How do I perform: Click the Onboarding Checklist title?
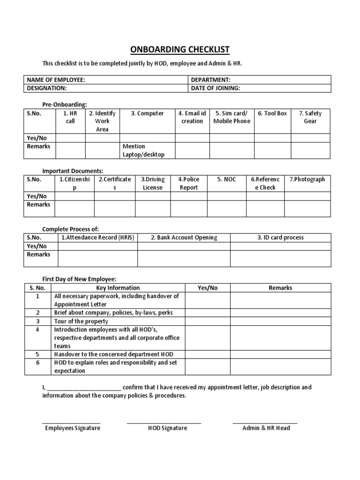click(180, 50)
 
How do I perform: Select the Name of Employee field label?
click(56, 80)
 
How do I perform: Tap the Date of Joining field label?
click(216, 88)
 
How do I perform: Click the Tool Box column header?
click(272, 113)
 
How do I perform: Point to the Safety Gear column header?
click(310, 117)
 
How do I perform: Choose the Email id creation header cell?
click(192, 117)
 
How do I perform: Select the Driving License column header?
click(152, 183)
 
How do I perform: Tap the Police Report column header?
click(188, 183)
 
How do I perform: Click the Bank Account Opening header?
click(184, 238)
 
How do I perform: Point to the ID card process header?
click(280, 238)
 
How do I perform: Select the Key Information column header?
click(118, 288)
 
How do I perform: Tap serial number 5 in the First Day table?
click(37, 354)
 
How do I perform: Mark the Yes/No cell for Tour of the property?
click(208, 321)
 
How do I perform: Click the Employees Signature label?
click(72, 428)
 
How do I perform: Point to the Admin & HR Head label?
click(266, 428)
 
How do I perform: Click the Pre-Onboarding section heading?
click(65, 105)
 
